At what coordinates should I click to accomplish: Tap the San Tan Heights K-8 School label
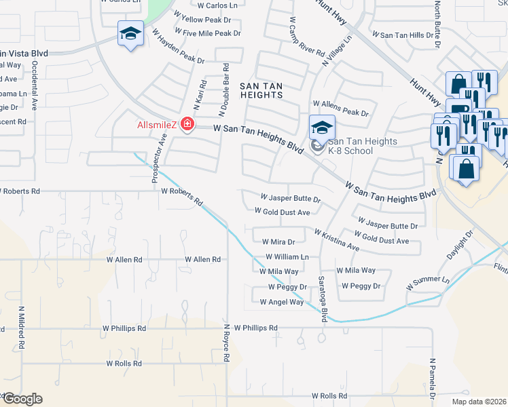click(350, 146)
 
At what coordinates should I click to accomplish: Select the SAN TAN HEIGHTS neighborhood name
click(261, 90)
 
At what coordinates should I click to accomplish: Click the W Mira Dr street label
click(274, 241)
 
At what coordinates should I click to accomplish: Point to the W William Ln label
click(287, 257)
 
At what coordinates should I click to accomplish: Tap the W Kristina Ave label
click(337, 239)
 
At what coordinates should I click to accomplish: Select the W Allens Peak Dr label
click(340, 113)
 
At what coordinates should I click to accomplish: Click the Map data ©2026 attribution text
click(479, 402)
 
